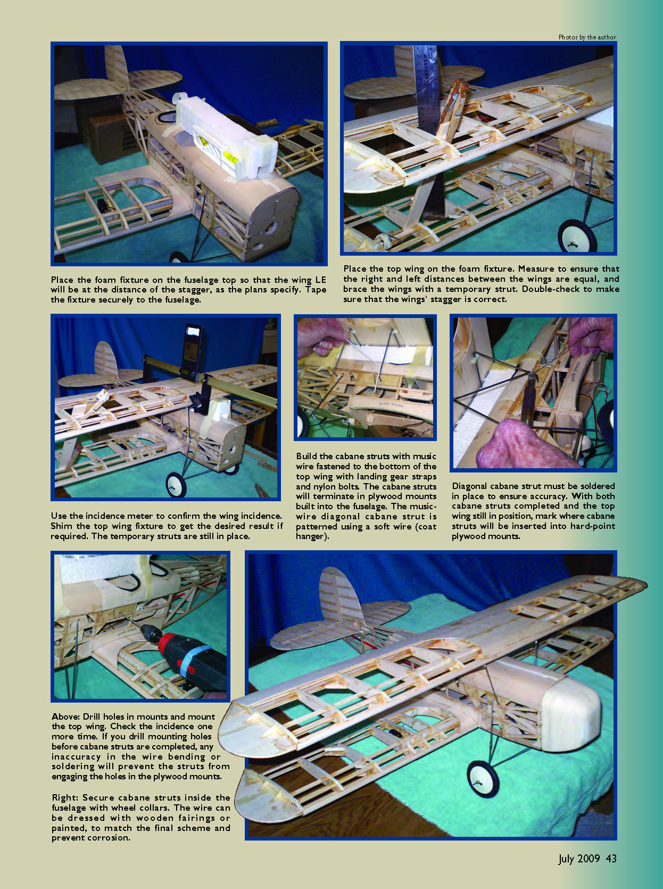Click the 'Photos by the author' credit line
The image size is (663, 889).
pos(587,37)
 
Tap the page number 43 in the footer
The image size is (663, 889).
pos(611,858)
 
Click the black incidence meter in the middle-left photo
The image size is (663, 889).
pos(194,349)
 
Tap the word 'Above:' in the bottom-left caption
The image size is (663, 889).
pos(65,716)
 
